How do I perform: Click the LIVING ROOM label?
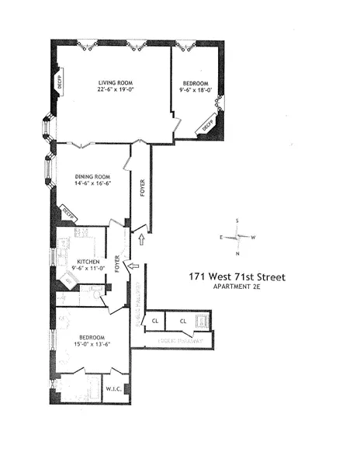pyautogui.click(x=112, y=82)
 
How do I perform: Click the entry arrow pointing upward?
pyautogui.click(x=140, y=242)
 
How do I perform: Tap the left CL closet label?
pyautogui.click(x=155, y=320)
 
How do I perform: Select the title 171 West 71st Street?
pyautogui.click(x=237, y=276)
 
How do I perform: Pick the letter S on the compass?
pyautogui.click(x=238, y=220)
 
